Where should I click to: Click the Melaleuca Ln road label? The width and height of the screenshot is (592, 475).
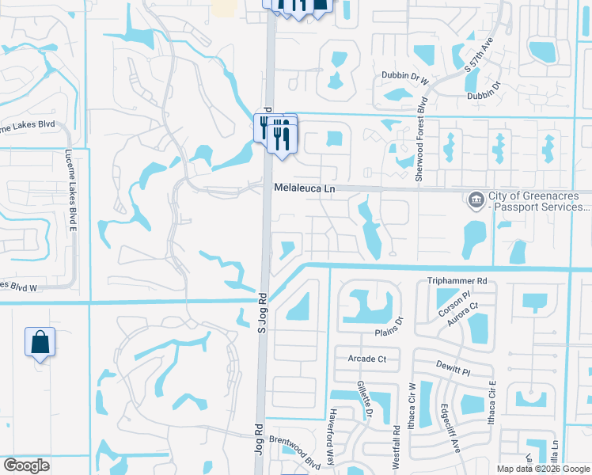tap(305, 189)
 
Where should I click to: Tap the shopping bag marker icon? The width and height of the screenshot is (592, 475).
tap(40, 343)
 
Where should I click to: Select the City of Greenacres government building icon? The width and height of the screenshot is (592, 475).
tap(476, 198)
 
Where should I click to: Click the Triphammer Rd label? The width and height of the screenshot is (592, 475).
tap(457, 281)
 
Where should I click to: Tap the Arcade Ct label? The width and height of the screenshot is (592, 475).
tap(366, 359)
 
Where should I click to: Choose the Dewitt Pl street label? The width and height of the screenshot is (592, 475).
tap(453, 367)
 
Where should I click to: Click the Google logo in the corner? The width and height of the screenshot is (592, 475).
tap(26, 465)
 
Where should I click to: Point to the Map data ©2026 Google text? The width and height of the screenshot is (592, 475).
tap(542, 469)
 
